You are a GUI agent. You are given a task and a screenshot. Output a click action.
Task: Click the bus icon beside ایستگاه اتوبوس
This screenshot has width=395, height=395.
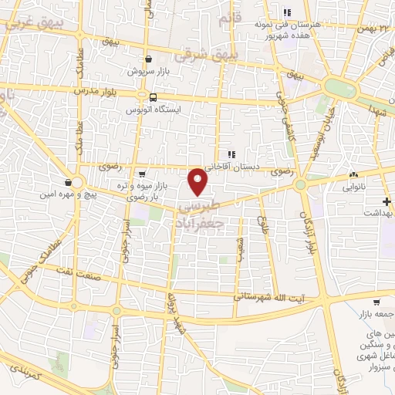tap(153, 97)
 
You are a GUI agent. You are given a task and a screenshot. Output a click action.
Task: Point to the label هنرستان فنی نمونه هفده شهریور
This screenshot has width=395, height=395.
tap(287, 29)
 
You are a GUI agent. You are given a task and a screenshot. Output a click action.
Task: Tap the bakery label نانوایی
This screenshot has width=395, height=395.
tap(365, 186)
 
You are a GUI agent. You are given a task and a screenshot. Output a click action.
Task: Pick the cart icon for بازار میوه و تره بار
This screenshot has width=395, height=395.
tap(141, 174)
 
